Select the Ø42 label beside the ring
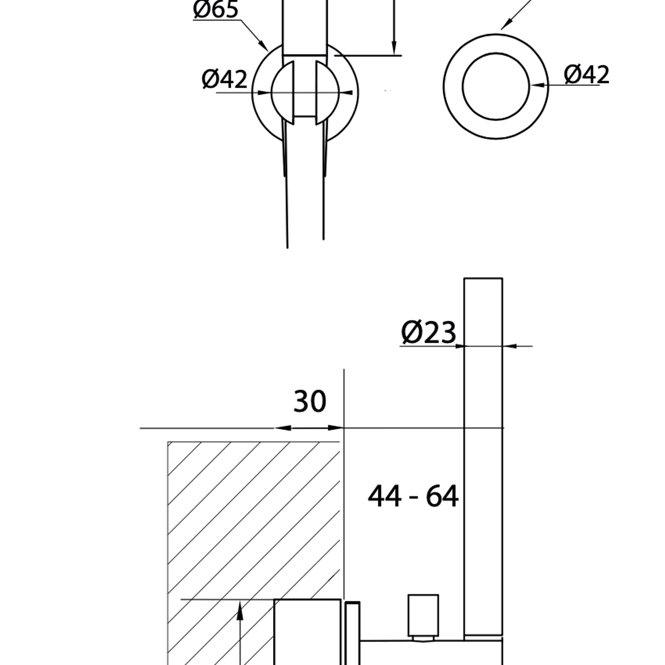pyautogui.click(x=586, y=74)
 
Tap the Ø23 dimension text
pyautogui.click(x=429, y=332)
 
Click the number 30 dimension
pyautogui.click(x=310, y=401)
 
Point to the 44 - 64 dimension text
pyautogui.click(x=413, y=496)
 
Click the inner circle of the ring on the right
pyautogui.click(x=496, y=86)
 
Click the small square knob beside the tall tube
pyautogui.click(x=423, y=615)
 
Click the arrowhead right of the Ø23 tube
pyautogui.click(x=510, y=346)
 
